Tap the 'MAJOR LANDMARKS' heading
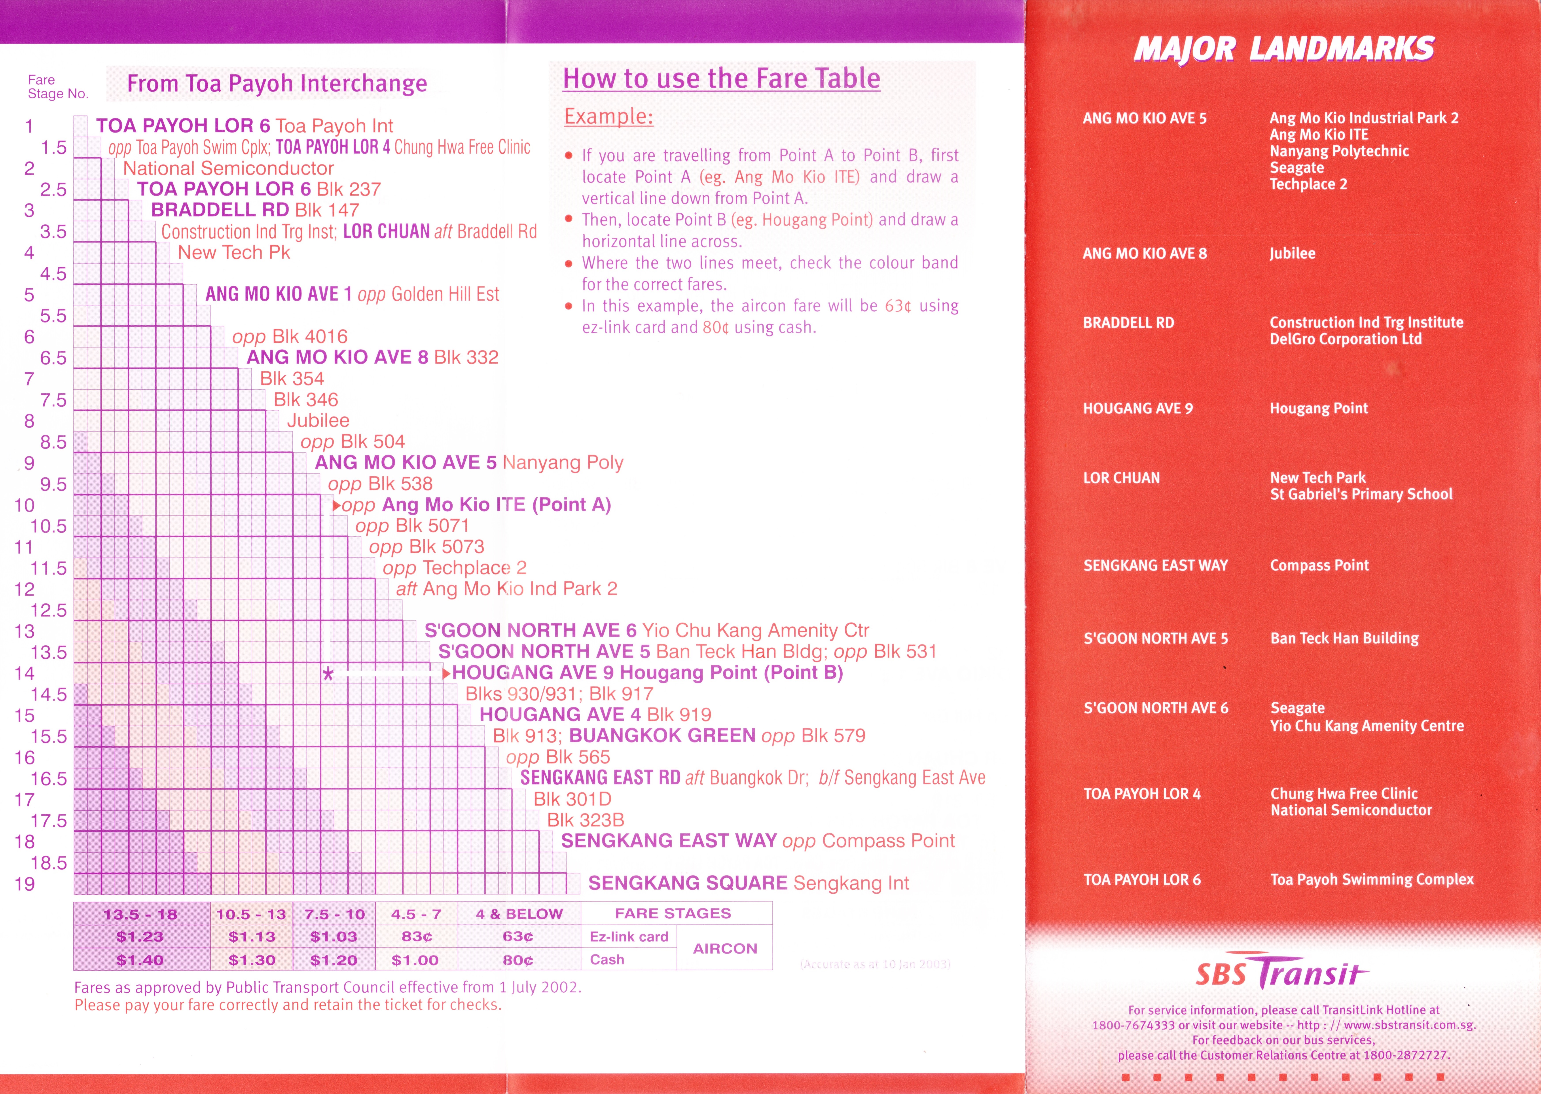pyautogui.click(x=1284, y=49)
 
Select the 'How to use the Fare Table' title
pyautogui.click(x=721, y=79)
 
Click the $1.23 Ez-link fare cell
pyautogui.click(x=140, y=936)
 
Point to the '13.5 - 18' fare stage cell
pyautogui.click(x=140, y=914)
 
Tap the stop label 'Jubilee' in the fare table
pyautogui.click(x=318, y=420)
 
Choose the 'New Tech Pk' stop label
pyautogui.click(x=234, y=253)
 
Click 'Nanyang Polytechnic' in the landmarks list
pyautogui.click(x=1339, y=151)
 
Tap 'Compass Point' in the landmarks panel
pyautogui.click(x=1319, y=565)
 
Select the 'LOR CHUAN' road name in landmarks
pyautogui.click(x=1121, y=478)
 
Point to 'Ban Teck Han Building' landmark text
pyautogui.click(x=1344, y=638)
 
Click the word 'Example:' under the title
pyautogui.click(x=608, y=117)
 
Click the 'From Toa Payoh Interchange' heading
pyautogui.click(x=277, y=83)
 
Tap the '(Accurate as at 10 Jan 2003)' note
pyautogui.click(x=875, y=964)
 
